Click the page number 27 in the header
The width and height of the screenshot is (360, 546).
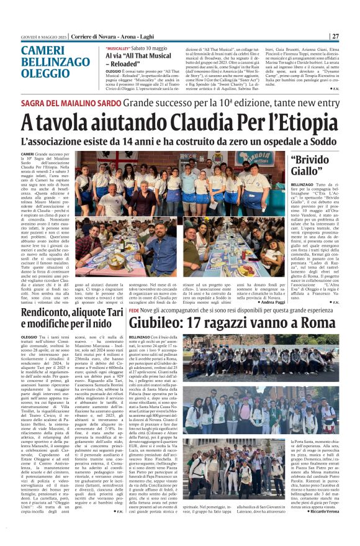[x=335, y=36]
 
